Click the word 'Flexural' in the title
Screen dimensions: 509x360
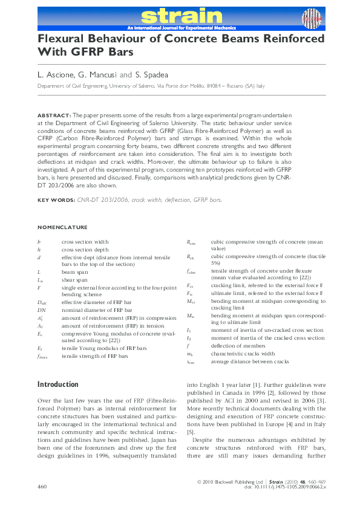63,38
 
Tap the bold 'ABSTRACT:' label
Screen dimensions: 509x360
54,114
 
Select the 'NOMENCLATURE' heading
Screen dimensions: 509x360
62,227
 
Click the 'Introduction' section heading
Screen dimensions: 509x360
58,384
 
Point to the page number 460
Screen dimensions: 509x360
42,486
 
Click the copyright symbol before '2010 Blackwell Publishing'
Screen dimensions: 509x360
200,481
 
